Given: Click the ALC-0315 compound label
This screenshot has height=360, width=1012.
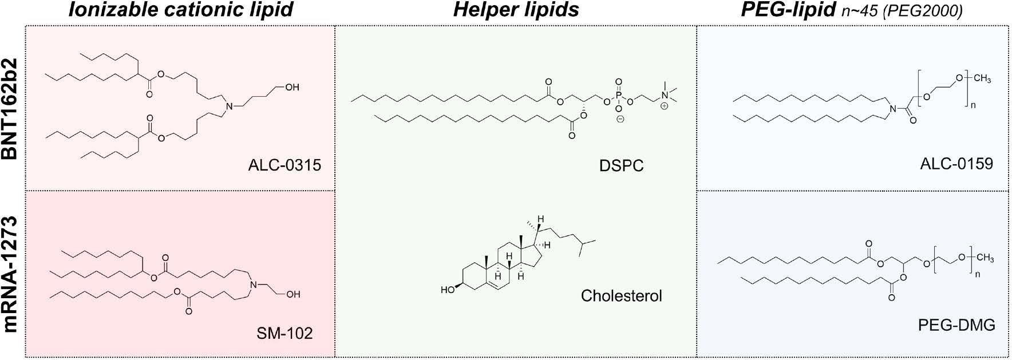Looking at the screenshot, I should (284, 165).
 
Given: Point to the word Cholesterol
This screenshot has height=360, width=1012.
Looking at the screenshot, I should (621, 296).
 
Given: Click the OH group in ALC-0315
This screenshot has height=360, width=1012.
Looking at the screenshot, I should (292, 88).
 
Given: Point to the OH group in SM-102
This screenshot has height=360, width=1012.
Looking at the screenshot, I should (293, 294).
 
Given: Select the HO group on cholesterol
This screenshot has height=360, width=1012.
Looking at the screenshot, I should (448, 290).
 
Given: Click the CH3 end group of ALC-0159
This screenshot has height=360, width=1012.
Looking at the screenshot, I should (981, 80).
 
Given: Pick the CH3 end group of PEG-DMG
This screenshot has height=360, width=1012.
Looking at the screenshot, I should (985, 259).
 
